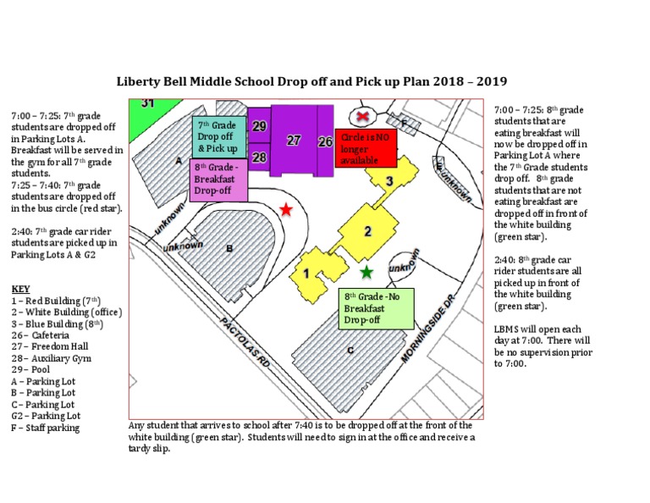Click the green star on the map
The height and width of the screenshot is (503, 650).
tap(366, 272)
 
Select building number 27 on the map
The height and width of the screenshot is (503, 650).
tap(294, 141)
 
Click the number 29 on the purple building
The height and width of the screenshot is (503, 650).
tap(260, 126)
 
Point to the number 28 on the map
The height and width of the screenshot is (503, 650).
tap(260, 158)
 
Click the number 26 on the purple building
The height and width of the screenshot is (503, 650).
tap(325, 142)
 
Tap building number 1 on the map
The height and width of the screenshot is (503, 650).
tap(306, 273)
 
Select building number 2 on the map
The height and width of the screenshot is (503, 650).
tap(367, 231)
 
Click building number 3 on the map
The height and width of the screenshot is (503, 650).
tap(388, 180)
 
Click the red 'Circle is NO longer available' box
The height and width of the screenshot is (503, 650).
tap(366, 148)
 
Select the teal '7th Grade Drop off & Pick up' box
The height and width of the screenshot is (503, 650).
tap(219, 136)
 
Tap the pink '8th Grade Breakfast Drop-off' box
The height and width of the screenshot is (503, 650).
tap(218, 180)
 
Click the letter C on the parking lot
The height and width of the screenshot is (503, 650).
tap(349, 350)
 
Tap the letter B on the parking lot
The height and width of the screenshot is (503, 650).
tap(229, 249)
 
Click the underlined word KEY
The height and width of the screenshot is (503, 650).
tap(20, 289)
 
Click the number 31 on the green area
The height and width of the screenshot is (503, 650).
tap(147, 103)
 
